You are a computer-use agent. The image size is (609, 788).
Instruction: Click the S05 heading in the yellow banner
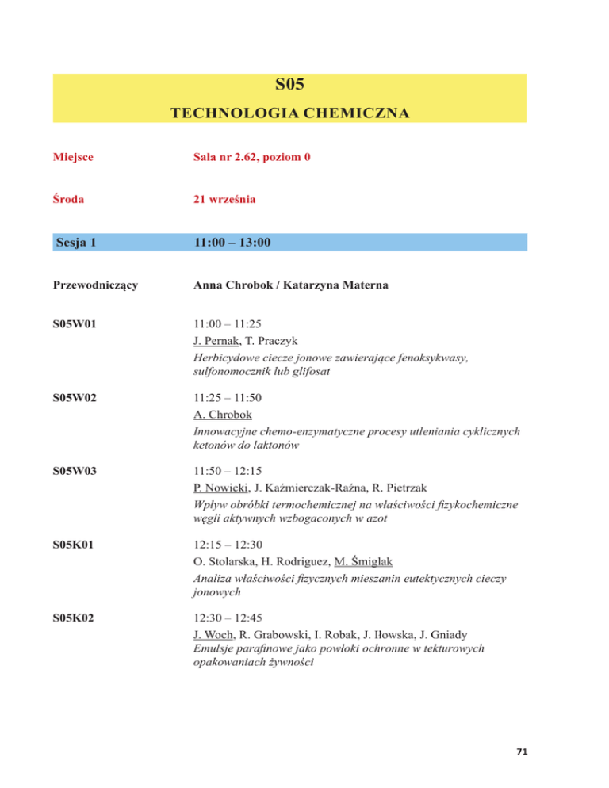pos(289,86)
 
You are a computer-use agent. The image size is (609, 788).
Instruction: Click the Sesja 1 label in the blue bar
pos(77,242)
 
